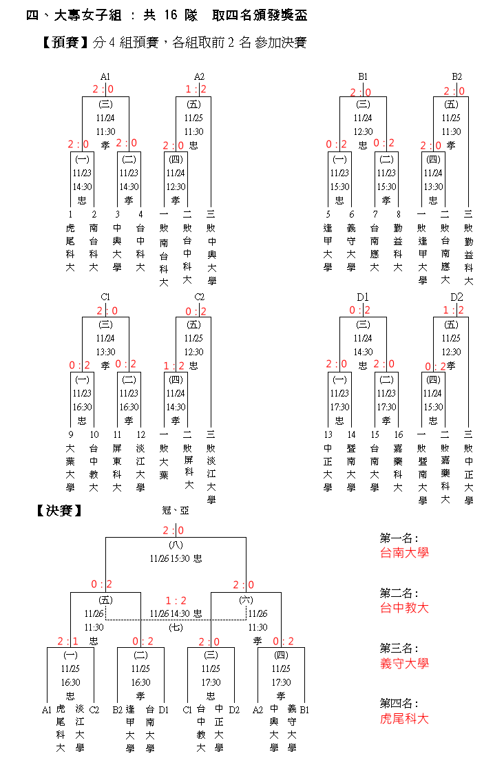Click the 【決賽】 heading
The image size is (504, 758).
tap(59, 511)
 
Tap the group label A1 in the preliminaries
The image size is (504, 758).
tap(105, 76)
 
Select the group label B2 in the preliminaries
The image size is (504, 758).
tap(456, 76)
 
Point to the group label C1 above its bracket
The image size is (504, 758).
tap(105, 297)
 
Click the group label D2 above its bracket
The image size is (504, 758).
tap(456, 297)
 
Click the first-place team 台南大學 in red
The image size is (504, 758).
tap(404, 552)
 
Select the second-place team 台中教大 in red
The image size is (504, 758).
tap(404, 608)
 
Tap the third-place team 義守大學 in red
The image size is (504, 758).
tap(404, 664)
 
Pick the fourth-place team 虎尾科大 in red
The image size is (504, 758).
tap(404, 719)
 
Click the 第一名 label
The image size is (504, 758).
tap(399, 538)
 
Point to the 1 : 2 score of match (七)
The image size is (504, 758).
tap(176, 601)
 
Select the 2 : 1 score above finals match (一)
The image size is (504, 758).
tap(68, 641)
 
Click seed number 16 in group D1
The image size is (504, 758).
tap(398, 434)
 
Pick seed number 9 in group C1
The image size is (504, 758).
tap(70, 434)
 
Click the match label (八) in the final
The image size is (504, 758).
tap(176, 545)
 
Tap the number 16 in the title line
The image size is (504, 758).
tap(172, 16)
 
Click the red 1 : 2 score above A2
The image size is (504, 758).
tap(196, 90)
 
